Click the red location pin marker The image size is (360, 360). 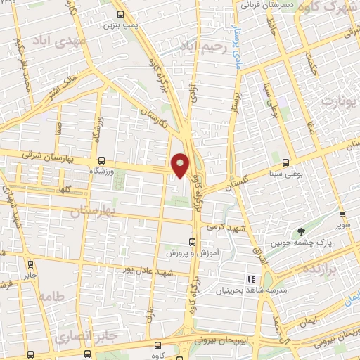coord(181,165)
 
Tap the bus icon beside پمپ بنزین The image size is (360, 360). coord(120,14)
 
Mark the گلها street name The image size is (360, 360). coord(67,188)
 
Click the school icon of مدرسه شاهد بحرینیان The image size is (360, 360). coord(252,279)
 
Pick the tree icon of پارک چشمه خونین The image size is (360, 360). coord(302,231)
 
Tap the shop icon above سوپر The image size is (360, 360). coord(342,215)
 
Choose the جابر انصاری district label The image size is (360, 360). coord(78,330)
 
